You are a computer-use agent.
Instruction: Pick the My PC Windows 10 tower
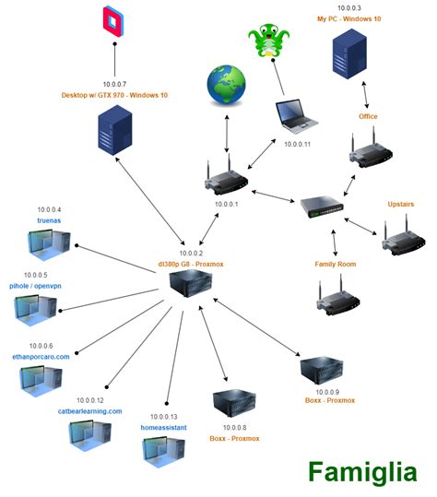[354, 59]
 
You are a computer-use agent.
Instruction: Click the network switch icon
[322, 208]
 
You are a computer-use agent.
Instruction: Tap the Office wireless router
[366, 152]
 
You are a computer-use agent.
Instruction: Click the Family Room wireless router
[337, 300]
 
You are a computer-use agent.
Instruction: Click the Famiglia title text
[361, 472]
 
